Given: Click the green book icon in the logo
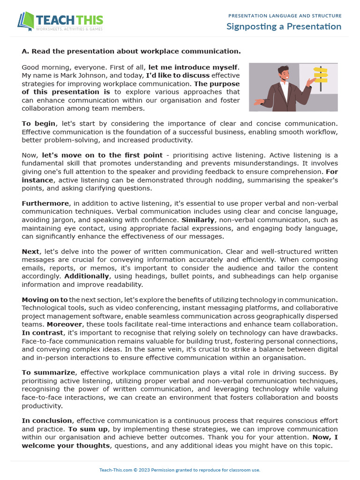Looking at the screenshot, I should (27, 21).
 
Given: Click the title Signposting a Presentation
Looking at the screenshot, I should (284, 26).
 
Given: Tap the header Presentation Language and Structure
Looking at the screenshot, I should (285, 15).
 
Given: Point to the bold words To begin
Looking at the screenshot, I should (39, 124).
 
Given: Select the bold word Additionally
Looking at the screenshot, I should (87, 276).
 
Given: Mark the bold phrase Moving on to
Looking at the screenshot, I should (45, 300).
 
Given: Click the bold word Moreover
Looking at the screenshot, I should (64, 324).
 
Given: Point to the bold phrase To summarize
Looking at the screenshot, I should (49, 373).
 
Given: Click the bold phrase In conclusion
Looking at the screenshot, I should (47, 421).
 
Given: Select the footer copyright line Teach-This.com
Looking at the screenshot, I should (180, 470).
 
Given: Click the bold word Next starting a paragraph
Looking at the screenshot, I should (30, 252).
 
